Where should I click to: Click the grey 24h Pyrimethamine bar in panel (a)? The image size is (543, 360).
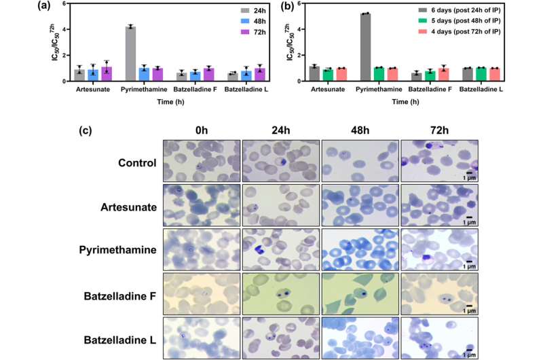pos(130,54)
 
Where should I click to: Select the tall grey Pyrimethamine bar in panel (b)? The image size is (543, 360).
pos(366,47)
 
